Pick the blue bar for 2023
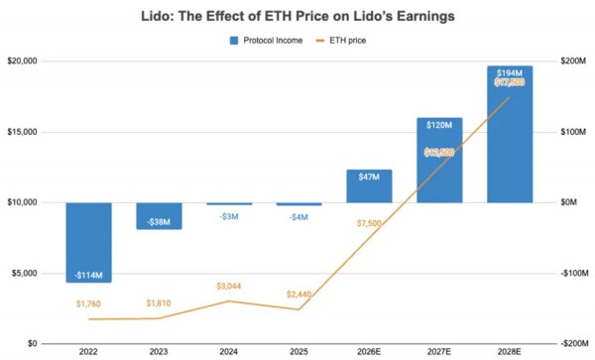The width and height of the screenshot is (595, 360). click(159, 215)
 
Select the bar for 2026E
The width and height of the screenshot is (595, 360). click(369, 186)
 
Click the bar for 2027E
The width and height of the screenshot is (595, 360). click(439, 160)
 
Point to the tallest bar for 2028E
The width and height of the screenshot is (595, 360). click(510, 134)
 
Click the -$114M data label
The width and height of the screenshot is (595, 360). click(88, 275)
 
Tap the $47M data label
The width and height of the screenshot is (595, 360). click(369, 178)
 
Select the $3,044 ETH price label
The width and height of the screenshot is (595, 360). click(229, 286)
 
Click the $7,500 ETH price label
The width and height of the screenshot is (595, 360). click(369, 223)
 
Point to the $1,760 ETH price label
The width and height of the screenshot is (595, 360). click(88, 303)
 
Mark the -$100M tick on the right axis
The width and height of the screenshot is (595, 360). click(575, 273)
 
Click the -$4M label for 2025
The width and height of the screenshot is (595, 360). click(298, 217)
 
